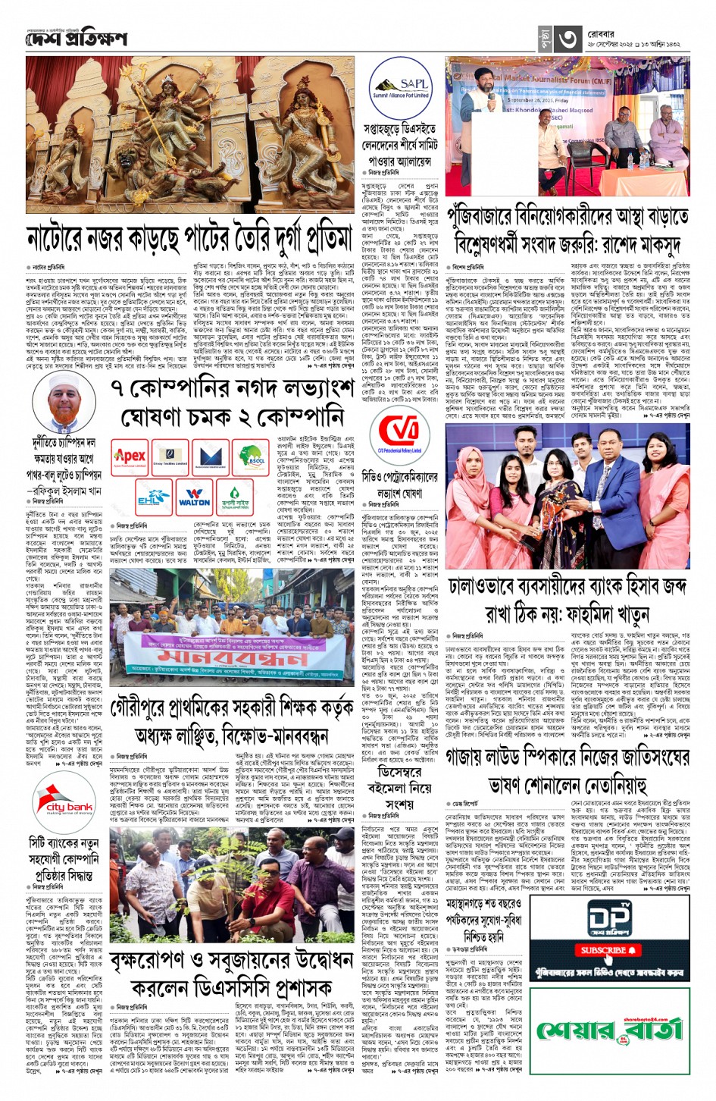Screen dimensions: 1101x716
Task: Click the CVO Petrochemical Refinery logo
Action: click(399, 436)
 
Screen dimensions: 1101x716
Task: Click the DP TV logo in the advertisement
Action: click(609, 918)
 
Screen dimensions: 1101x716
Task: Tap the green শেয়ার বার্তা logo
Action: click(609, 1030)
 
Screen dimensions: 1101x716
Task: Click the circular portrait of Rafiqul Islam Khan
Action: click(67, 402)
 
